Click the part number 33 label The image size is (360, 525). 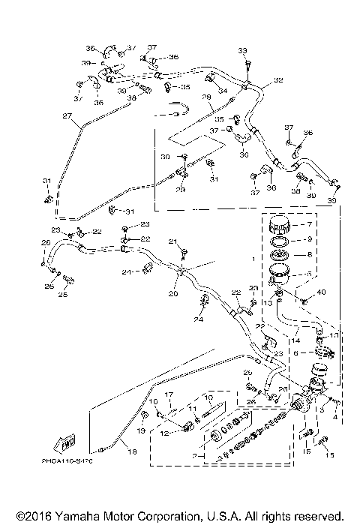(x=242, y=50)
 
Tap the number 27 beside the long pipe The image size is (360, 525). (x=67, y=116)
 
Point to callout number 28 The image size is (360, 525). (x=205, y=97)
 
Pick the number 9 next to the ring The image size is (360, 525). (x=305, y=240)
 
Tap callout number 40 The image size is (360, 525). (x=322, y=292)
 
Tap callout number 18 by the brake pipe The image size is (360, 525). (x=132, y=452)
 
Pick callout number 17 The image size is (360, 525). (x=169, y=394)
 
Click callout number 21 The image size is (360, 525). (x=172, y=241)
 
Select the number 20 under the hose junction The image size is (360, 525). (x=173, y=295)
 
